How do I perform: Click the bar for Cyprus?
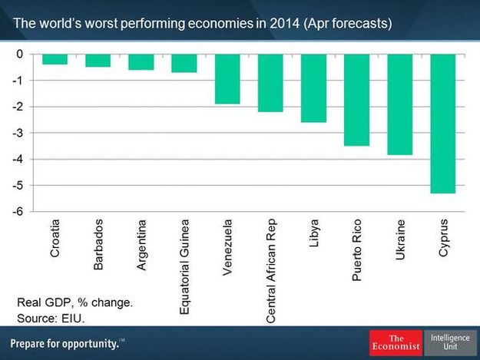[x=442, y=124]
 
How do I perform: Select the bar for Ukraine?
[x=399, y=104]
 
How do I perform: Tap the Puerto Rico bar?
[x=356, y=100]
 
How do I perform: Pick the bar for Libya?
[x=313, y=88]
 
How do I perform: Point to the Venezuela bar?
[x=227, y=79]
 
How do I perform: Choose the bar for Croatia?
[x=55, y=59]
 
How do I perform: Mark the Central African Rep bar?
[x=270, y=83]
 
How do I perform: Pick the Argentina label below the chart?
[x=141, y=246]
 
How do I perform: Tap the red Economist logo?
[x=396, y=342]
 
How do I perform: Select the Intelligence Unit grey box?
[x=450, y=342]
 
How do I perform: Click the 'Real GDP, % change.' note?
[x=74, y=303]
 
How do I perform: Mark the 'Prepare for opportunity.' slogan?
[x=65, y=343]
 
